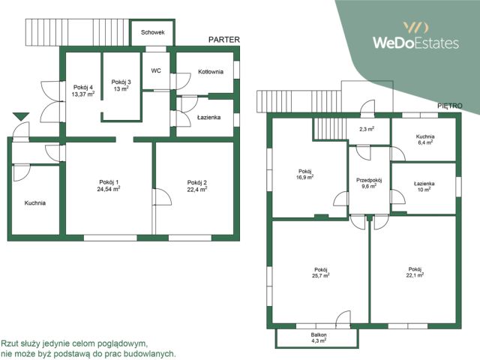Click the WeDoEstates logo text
tap(415, 43)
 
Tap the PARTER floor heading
tap(224, 40)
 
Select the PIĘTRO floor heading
tap(450, 106)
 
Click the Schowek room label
tap(153, 32)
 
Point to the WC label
tap(156, 70)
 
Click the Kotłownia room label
tap(211, 72)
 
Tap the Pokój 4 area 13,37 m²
tap(83, 94)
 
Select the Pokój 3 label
tap(121, 82)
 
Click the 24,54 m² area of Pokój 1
tap(109, 189)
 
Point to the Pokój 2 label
tap(197, 183)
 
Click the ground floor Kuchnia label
tap(35, 203)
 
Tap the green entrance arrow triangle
tap(21, 116)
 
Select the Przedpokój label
tap(369, 180)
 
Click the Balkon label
tap(319, 335)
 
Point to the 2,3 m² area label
tap(367, 129)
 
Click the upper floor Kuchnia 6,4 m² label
tap(425, 139)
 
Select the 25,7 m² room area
tap(322, 275)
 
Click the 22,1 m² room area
tap(415, 275)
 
